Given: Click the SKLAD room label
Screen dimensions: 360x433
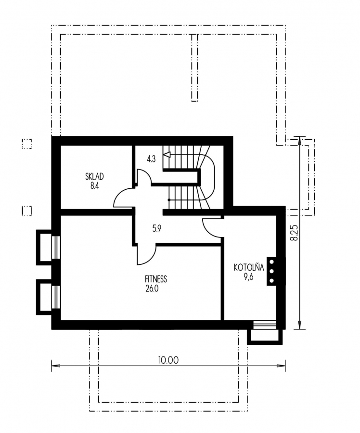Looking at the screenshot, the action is tap(94, 176).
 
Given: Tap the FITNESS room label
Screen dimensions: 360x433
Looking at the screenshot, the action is tap(156, 279).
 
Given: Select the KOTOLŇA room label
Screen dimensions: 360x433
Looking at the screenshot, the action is tap(249, 267).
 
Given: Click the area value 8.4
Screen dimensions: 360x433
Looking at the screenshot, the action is tap(94, 185).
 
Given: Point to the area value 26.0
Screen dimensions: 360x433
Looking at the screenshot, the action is tap(152, 289).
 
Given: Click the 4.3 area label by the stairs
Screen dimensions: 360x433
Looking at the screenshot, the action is tap(151, 159).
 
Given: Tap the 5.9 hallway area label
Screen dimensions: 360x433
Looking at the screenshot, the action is tap(157, 228).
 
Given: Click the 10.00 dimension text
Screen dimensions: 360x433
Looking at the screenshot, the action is tap(168, 360).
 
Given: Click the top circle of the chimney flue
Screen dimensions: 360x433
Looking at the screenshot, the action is tap(271, 262).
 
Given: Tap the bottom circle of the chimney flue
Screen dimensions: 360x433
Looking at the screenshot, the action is tap(271, 281).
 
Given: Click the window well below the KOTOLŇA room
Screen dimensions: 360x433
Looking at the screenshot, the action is tap(265, 333).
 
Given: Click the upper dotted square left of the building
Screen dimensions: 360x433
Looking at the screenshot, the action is tap(27, 144).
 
